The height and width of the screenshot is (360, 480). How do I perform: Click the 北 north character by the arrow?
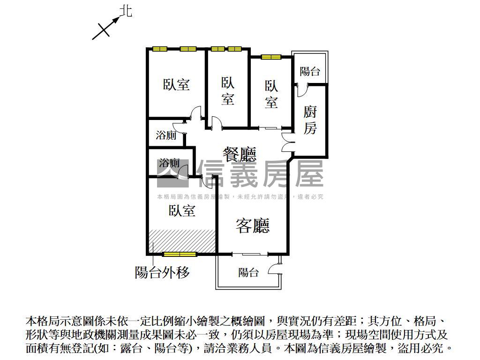126,11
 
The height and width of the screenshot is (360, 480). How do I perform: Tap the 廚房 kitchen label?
310,120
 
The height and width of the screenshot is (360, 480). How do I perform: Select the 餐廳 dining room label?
239,154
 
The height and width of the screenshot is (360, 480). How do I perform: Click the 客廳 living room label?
253,226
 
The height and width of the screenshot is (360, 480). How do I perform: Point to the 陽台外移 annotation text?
163,272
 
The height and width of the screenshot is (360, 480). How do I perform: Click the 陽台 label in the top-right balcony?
310,71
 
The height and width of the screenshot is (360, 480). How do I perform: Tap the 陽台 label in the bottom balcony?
248,272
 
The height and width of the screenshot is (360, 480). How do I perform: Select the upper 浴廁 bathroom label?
166,135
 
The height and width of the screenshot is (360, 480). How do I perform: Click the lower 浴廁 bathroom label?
169,163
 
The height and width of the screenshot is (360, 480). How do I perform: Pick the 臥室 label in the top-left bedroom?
176,84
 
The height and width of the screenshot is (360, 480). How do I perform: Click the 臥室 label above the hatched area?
182,210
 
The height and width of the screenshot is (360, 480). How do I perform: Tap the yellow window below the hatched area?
179,254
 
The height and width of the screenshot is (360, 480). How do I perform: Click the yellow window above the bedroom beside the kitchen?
271,57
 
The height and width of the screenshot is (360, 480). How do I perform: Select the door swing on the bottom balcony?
274,269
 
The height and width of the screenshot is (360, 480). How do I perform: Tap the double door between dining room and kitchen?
288,142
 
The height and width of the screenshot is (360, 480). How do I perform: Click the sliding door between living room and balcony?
250,254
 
